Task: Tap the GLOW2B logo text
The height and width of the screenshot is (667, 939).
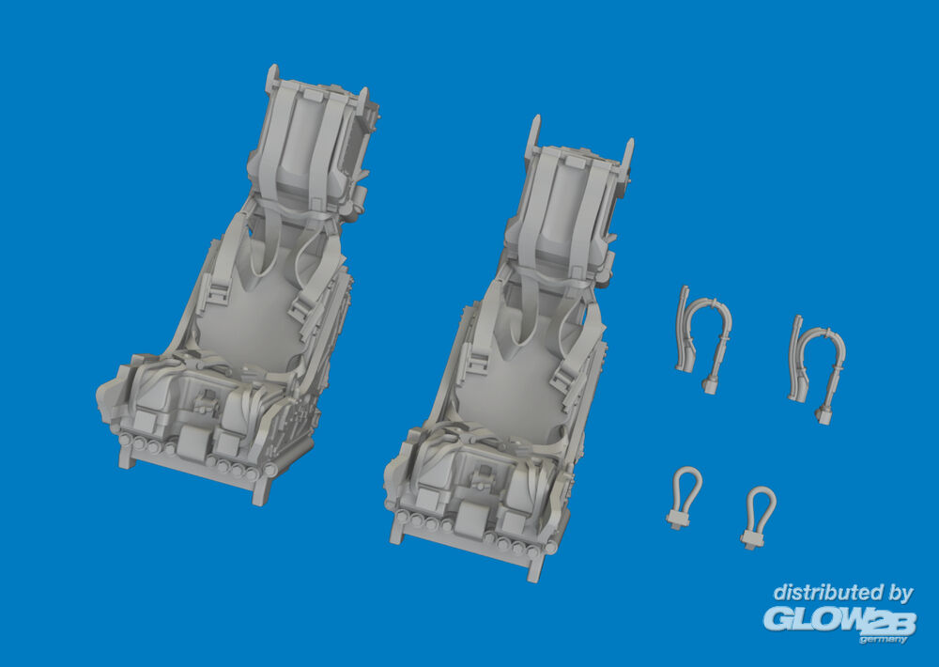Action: click(839, 620)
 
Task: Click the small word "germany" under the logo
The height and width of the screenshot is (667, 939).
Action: click(884, 640)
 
